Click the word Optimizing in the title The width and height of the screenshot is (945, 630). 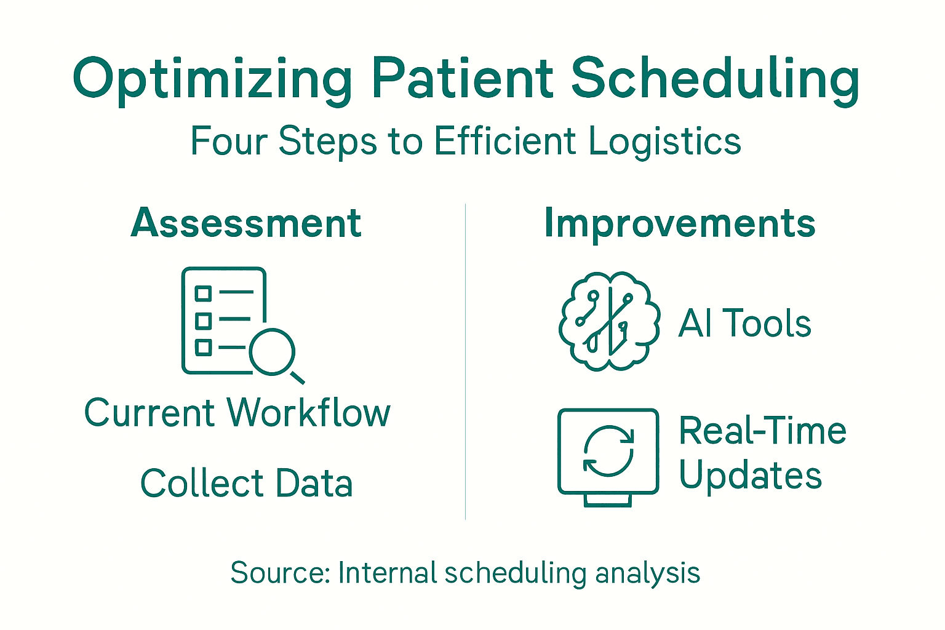click(212, 80)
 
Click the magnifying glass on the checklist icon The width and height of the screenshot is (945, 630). click(273, 352)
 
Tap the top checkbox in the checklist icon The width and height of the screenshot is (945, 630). click(203, 293)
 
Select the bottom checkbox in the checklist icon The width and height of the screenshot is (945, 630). click(203, 348)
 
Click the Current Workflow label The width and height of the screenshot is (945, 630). click(237, 412)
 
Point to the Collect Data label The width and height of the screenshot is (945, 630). click(246, 483)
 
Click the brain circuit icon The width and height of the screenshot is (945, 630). click(609, 321)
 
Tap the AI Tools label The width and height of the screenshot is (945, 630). click(744, 324)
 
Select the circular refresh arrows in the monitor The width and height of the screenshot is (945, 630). click(608, 452)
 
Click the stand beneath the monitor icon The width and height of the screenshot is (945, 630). click(608, 500)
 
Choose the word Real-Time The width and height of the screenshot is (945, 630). click(762, 431)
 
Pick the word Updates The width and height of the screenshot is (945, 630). click(750, 476)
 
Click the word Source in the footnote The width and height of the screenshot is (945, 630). click(279, 573)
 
